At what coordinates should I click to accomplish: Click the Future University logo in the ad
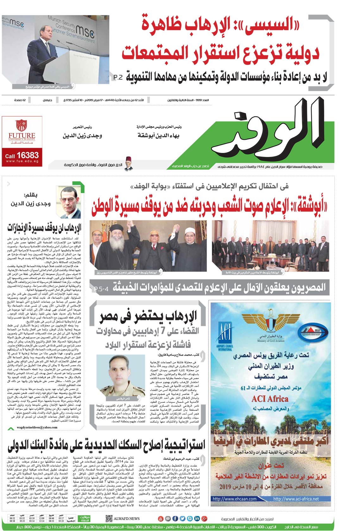click(22, 130)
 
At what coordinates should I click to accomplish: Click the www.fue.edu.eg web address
click(22, 161)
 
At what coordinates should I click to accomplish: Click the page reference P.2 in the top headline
click(117, 77)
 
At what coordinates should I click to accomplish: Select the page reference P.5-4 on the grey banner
click(101, 288)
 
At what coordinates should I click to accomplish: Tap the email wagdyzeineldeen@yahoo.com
click(37, 427)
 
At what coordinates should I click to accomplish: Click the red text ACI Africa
click(270, 399)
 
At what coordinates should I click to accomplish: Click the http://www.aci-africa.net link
click(296, 499)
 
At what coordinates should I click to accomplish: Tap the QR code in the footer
click(109, 519)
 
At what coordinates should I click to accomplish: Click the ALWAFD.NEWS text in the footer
click(127, 519)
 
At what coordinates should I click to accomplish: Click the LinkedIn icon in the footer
click(197, 519)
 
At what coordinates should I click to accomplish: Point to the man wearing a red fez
click(128, 164)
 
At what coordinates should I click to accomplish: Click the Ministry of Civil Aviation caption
click(271, 341)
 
